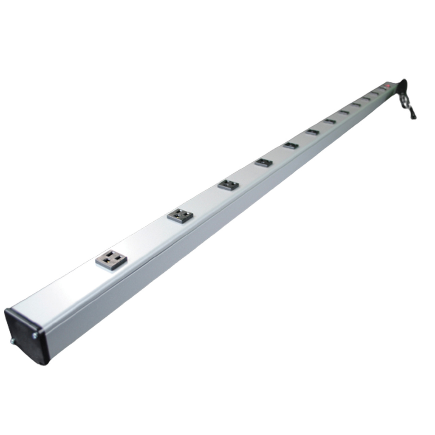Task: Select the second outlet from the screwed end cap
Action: [180, 215]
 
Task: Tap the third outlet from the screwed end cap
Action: [229, 185]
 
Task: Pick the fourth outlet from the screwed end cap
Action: [264, 162]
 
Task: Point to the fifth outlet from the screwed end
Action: [291, 146]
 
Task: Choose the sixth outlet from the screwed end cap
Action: [313, 132]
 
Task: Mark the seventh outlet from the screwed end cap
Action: [330, 121]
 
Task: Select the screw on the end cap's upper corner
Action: [34, 336]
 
